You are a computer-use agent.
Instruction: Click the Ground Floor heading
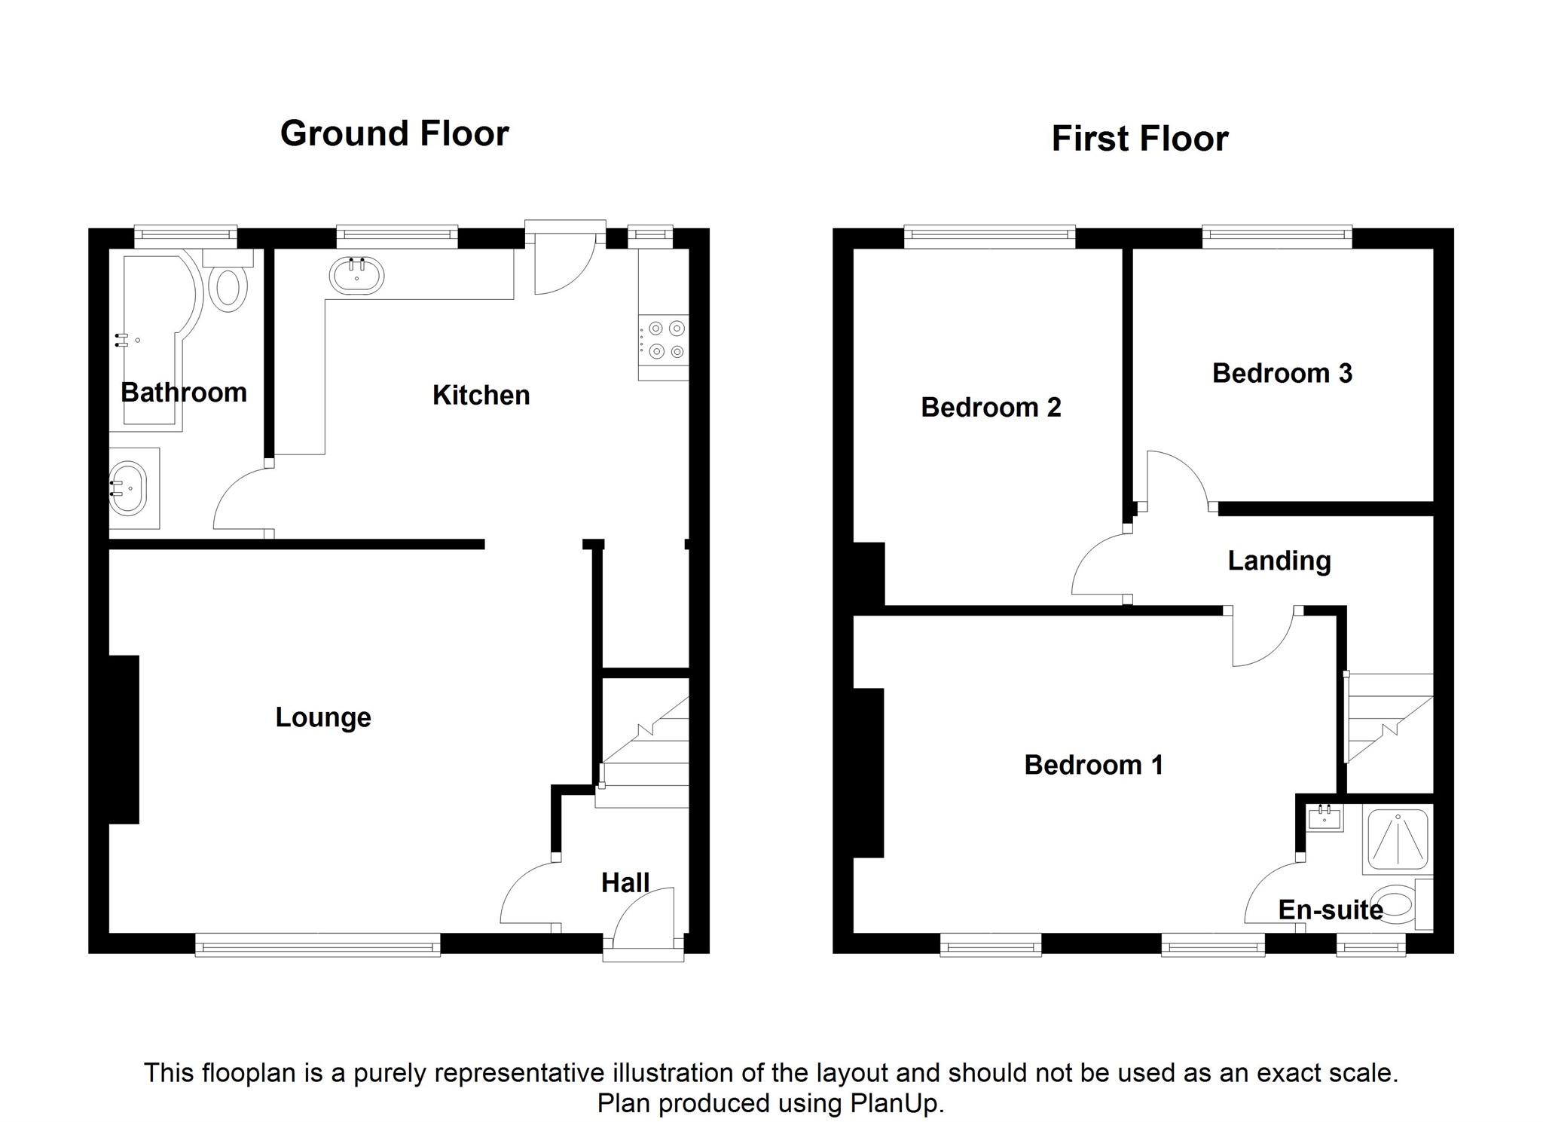tap(395, 133)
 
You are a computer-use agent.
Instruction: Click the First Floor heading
tap(1140, 139)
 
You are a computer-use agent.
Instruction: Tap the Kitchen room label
tap(481, 395)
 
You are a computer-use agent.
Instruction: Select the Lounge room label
tap(323, 717)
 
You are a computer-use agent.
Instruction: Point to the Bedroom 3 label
tap(1282, 373)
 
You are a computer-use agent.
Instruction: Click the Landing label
tap(1279, 561)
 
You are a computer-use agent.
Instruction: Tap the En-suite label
tap(1331, 910)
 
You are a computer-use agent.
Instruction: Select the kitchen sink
tap(356, 276)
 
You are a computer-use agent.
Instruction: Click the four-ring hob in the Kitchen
tap(664, 340)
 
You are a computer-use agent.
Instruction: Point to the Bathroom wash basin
tap(128, 488)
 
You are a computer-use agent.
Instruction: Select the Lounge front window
tap(318, 944)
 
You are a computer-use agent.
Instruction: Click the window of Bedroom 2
tap(989, 237)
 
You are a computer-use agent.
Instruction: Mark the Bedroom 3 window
tap(1277, 237)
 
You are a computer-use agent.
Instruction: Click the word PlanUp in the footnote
tap(897, 1103)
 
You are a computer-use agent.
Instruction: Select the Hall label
tap(625, 882)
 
